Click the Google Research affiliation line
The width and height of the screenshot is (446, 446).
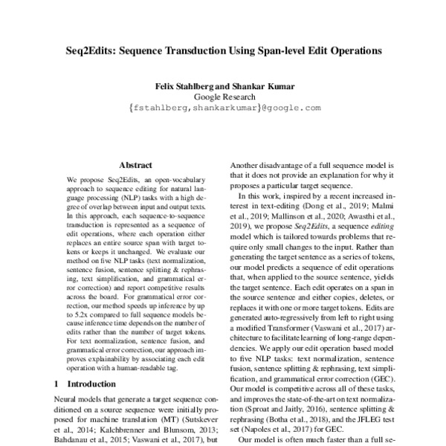(x=224, y=97)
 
